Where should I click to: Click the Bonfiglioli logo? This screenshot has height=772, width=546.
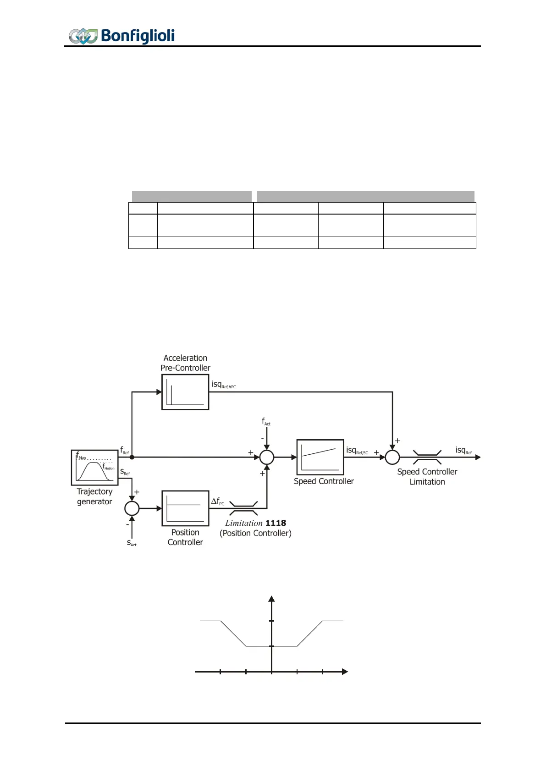pyautogui.click(x=121, y=36)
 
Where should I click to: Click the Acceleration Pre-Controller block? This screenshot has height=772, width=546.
pyautogui.click(x=185, y=392)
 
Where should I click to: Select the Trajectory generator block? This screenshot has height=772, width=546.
pyautogui.click(x=95, y=468)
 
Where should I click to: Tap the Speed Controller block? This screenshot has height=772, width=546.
pyautogui.click(x=320, y=457)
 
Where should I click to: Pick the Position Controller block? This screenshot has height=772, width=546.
pyautogui.click(x=185, y=508)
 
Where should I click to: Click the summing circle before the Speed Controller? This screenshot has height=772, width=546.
pyautogui.click(x=267, y=457)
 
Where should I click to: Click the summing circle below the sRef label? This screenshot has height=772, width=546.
pyautogui.click(x=132, y=508)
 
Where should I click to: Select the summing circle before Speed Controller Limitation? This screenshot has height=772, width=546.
pyautogui.click(x=392, y=457)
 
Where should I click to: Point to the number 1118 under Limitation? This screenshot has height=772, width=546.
pyautogui.click(x=276, y=523)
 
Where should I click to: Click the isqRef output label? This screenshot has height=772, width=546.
pyautogui.click(x=463, y=451)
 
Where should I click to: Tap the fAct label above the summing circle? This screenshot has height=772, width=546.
pyautogui.click(x=266, y=421)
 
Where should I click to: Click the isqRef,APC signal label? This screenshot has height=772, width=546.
pyautogui.click(x=224, y=385)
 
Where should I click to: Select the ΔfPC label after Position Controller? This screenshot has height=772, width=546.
pyautogui.click(x=218, y=502)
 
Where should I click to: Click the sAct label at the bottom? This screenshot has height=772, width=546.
pyautogui.click(x=132, y=543)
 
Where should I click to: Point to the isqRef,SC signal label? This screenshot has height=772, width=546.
pyautogui.click(x=357, y=451)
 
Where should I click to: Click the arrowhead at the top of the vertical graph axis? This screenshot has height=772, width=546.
pyautogui.click(x=271, y=599)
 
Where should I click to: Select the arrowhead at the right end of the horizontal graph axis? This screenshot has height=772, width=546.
pyautogui.click(x=345, y=672)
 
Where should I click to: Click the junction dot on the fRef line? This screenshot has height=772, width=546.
pyautogui.click(x=132, y=457)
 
